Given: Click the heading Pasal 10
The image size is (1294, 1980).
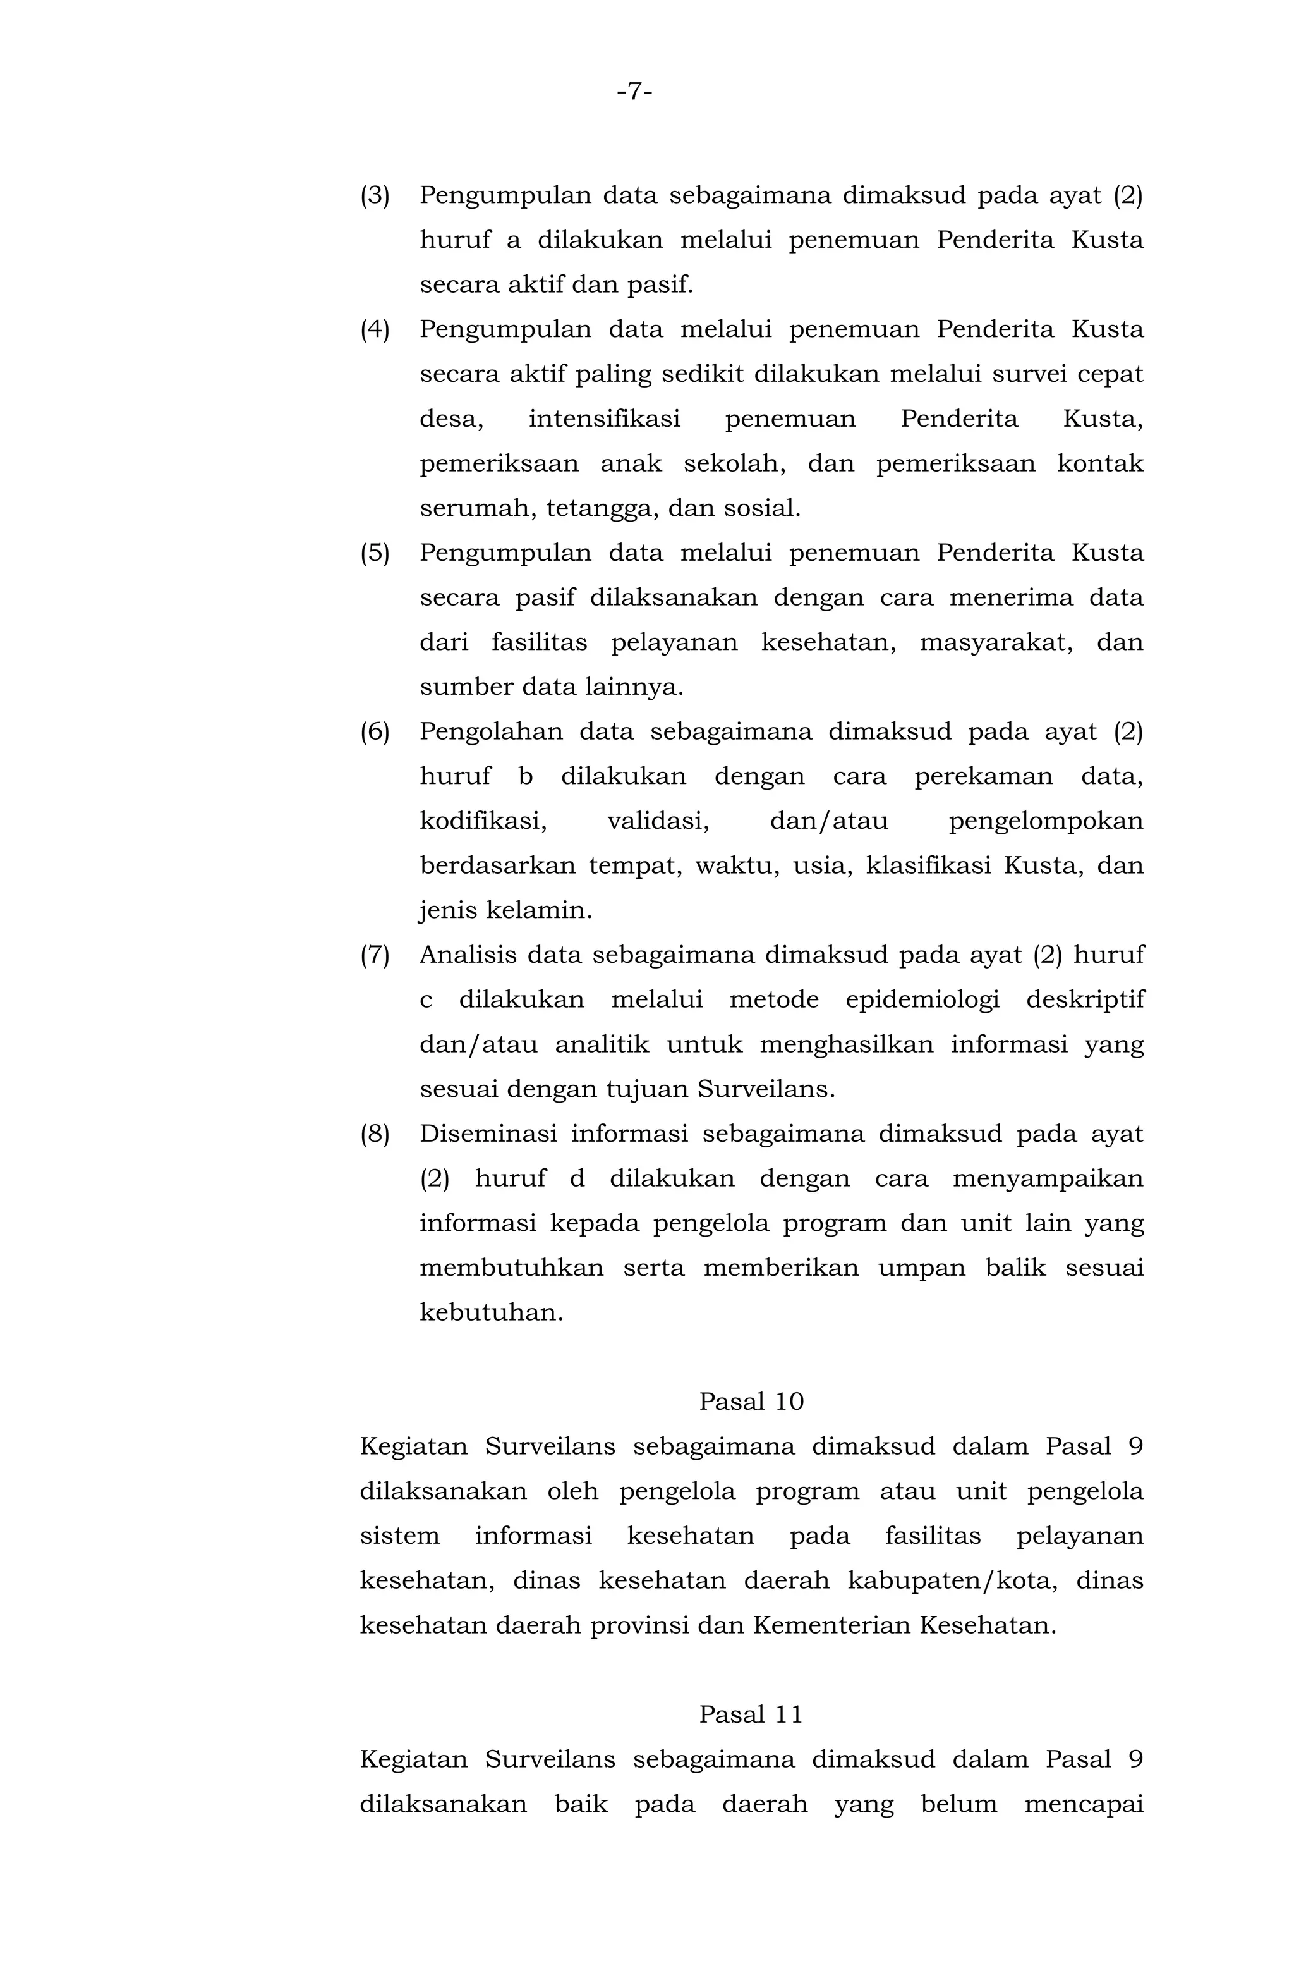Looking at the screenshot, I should [751, 1402].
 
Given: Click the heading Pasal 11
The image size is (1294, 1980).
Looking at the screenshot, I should [751, 1714].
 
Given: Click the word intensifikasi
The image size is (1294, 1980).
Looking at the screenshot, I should [605, 419].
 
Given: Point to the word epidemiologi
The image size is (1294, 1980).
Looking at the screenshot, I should [922, 1001].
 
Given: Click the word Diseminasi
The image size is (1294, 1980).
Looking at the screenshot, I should [487, 1134].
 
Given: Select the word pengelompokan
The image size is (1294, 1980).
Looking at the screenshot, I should [1045, 822].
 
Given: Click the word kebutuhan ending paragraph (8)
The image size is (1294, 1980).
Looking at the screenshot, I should [491, 1313].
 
